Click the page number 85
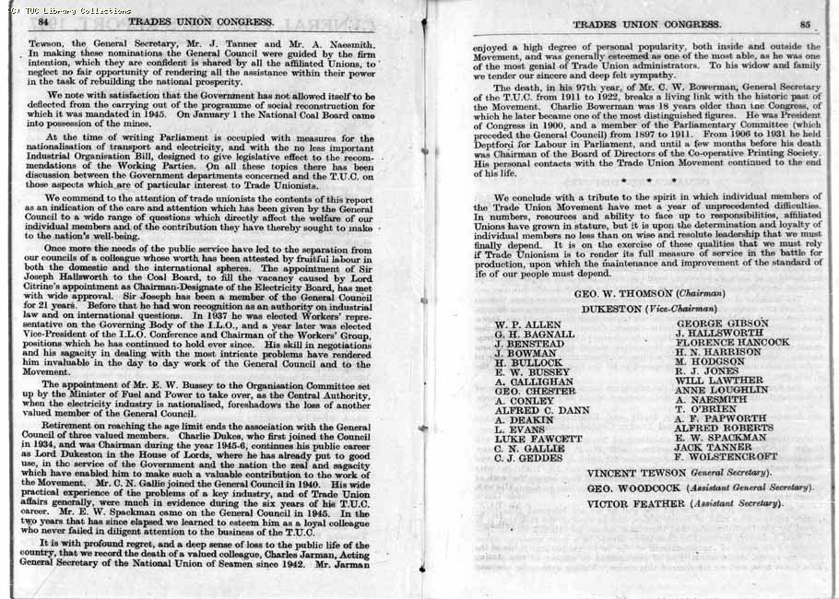806,24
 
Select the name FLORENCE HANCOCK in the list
732,342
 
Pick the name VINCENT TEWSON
628,473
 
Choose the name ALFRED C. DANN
542,410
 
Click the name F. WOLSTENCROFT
726,456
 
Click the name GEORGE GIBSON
718,323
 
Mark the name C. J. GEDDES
528,458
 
